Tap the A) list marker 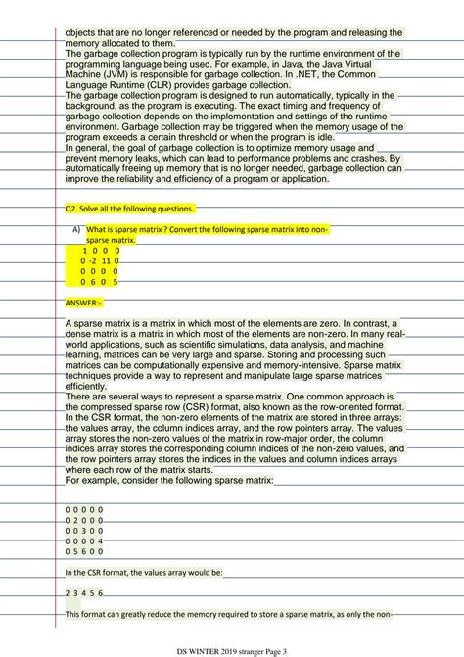pos(75,229)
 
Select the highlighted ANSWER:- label pos(83,303)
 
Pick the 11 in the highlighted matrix pos(107,261)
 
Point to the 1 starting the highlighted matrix pos(84,251)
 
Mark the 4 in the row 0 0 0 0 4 pos(102,540)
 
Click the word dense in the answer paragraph pos(82,334)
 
